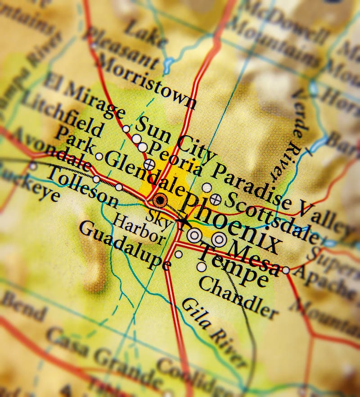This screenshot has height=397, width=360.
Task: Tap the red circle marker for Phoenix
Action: pyautogui.click(x=160, y=200)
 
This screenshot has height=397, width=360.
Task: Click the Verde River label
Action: pyautogui.click(x=288, y=135)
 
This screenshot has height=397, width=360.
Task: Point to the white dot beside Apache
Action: pyautogui.click(x=286, y=270)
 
